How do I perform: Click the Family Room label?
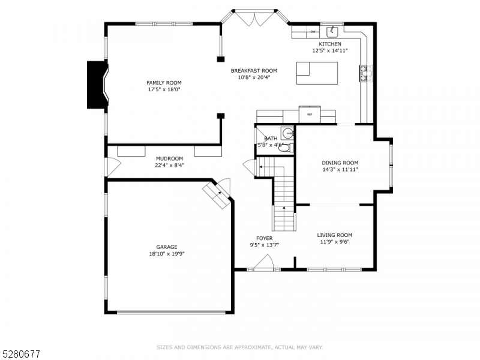point(164,83)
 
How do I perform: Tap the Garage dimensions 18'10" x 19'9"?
point(167,254)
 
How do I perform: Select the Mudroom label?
point(169,158)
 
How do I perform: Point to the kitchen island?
point(317,73)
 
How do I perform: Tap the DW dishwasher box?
point(313,32)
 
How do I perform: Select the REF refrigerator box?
point(310,114)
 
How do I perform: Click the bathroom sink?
point(287,133)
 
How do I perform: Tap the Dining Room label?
point(340,163)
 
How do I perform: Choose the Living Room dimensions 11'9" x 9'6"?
point(334,242)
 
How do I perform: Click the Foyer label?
point(264,238)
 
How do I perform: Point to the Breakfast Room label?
point(254,70)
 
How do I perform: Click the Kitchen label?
point(329,44)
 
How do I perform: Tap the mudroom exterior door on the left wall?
point(111,166)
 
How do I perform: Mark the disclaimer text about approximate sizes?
point(240,347)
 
